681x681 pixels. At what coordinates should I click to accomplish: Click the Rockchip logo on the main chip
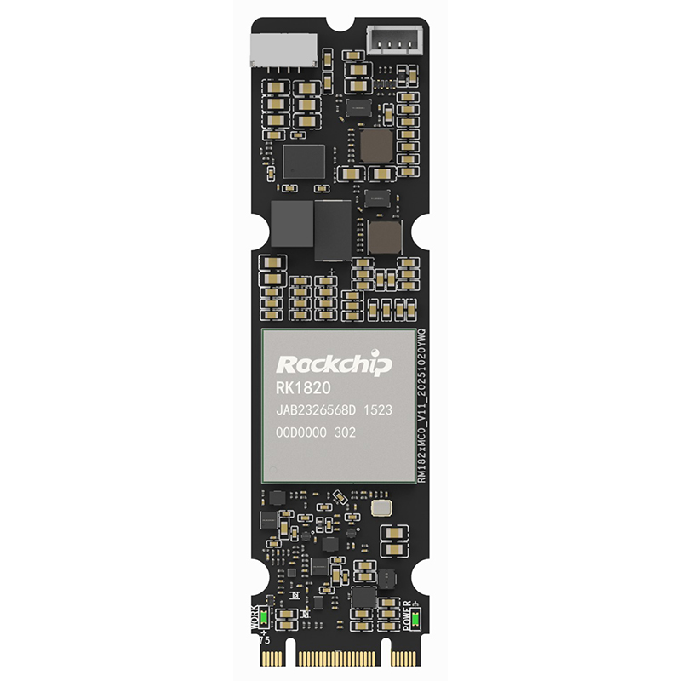(x=335, y=365)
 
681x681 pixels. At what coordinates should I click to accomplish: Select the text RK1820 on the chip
(x=302, y=390)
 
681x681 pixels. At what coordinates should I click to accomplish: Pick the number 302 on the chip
(x=344, y=433)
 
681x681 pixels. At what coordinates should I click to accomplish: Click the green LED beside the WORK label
(x=265, y=618)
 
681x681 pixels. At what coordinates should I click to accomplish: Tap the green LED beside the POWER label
(x=415, y=619)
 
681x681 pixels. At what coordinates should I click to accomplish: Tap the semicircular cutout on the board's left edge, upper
(x=253, y=230)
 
